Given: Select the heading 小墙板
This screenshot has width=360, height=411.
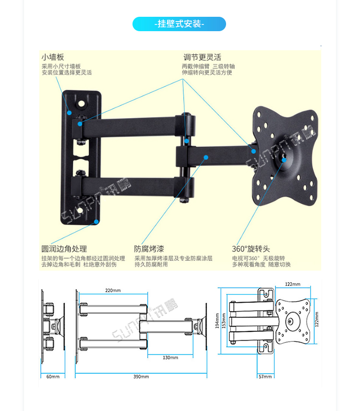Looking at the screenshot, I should coord(53,57).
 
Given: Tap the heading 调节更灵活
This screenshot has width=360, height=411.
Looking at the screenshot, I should coord(202,57).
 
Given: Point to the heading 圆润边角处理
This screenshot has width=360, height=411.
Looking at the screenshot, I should coord(64,249).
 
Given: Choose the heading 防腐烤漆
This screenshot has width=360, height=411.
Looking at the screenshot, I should coord(149,249).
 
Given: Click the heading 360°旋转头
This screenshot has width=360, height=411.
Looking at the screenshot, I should coord(251,249).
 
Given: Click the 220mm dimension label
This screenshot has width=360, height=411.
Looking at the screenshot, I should coord(113,290).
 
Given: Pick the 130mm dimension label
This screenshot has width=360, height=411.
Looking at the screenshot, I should coord(170,357).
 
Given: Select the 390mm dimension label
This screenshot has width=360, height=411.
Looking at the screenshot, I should coord(141,376).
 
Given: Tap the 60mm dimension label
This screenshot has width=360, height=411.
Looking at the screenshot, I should coord(53,376).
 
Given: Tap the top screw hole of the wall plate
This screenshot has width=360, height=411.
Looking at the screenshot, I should coord(82,102).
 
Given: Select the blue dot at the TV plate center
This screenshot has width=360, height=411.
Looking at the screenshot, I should coord(284,159).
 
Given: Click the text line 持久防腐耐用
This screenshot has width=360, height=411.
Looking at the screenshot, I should coord(151,264).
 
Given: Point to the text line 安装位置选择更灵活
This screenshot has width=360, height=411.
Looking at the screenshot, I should coord(66,72).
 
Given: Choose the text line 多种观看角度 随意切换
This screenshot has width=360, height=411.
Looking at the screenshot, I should coord(261,264).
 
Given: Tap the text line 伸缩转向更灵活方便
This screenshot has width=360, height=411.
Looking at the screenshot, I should coord(207,72).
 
